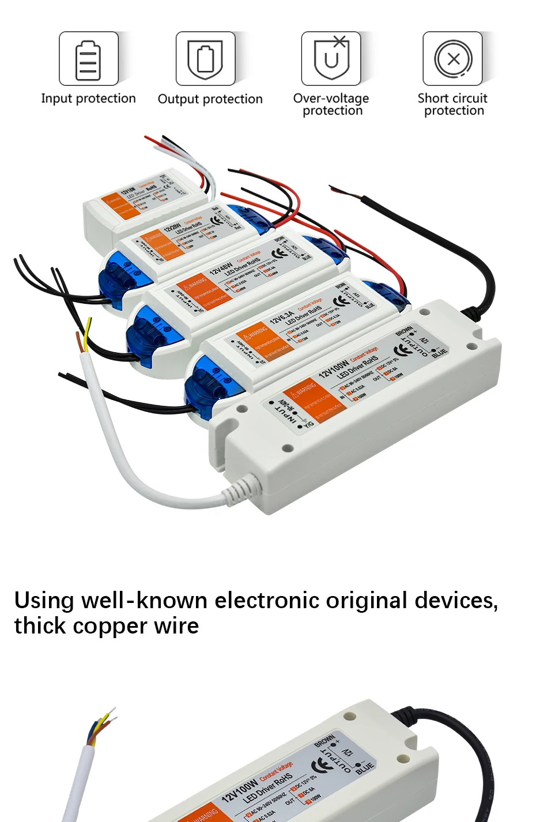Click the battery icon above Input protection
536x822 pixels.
(88, 59)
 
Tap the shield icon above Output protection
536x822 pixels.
(206, 59)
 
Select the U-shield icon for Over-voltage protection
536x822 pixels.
(331, 59)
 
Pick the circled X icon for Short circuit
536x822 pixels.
(453, 59)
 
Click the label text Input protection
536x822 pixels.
(88, 99)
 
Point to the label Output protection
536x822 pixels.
(210, 99)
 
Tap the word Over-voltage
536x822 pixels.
(331, 98)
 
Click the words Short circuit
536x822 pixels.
(452, 98)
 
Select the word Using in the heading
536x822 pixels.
(44, 601)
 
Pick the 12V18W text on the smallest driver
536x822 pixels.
(127, 192)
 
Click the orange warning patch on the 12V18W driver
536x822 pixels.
(121, 207)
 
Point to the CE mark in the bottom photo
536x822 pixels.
(322, 765)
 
